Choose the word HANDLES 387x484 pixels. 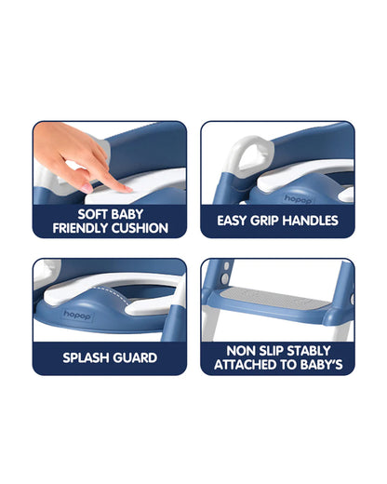pyautogui.click(x=313, y=221)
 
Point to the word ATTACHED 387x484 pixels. pyautogui.click(x=247, y=365)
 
